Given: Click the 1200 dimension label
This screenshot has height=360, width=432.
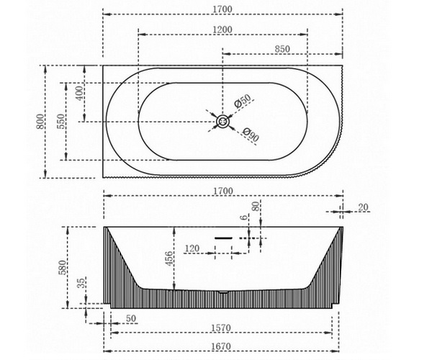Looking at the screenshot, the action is coord(222,30).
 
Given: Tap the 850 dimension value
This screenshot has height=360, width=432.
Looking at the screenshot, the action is coord(282,49).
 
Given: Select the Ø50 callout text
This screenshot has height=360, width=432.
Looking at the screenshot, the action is coord(243,101).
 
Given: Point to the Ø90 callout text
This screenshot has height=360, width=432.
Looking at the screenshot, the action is coord(251,135).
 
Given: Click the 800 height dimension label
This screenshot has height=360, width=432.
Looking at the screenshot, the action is coord(40,121).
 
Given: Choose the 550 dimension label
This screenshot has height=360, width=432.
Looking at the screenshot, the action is coord(61,121).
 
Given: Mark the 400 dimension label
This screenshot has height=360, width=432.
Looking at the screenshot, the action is coord(79,93).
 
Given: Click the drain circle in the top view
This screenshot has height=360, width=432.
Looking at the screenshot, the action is coord(222,122).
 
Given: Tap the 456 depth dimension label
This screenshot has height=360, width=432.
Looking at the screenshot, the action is coord(169,258).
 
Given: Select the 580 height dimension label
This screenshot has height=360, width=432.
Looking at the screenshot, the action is coord(63,267).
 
